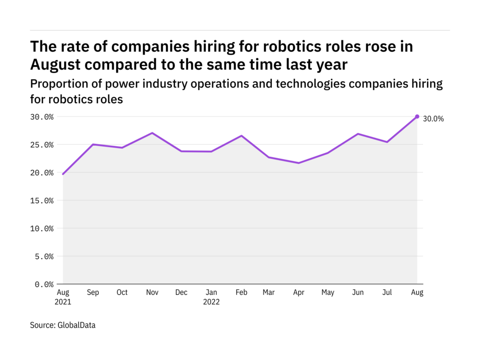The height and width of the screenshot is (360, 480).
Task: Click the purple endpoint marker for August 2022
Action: tap(417, 117)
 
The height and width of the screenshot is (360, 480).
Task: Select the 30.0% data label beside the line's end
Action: tap(433, 119)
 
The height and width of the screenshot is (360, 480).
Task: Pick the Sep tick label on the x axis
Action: tap(92, 293)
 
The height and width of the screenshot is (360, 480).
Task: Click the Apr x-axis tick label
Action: tap(299, 293)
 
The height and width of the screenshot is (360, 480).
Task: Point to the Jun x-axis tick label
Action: tap(358, 293)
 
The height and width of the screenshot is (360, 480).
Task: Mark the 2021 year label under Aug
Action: tap(63, 302)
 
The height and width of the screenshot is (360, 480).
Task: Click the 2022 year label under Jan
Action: tap(211, 302)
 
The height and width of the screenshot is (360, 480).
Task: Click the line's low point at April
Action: tap(299, 163)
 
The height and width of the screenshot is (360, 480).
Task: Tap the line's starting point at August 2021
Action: tap(63, 174)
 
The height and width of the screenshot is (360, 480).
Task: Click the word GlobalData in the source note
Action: tap(76, 325)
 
